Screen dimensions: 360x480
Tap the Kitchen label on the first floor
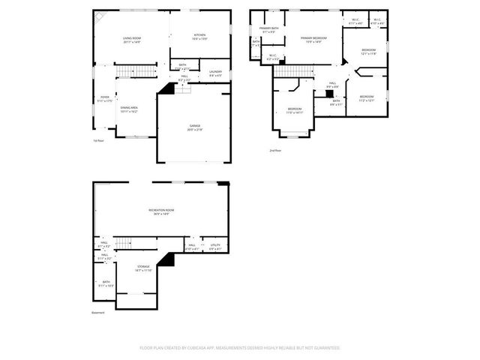pyautogui.click(x=199, y=37)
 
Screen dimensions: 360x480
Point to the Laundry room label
pyautogui.click(x=214, y=73)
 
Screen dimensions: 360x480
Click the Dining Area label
pyautogui.click(x=129, y=108)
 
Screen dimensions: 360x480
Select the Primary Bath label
pyautogui.click(x=268, y=30)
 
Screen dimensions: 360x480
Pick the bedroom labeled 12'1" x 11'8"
pyautogui.click(x=367, y=52)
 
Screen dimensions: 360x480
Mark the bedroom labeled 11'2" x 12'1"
pyautogui.click(x=366, y=98)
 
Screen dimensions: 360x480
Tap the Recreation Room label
pyautogui.click(x=160, y=211)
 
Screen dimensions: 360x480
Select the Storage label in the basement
pyautogui.click(x=143, y=268)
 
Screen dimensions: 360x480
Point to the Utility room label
pyautogui.click(x=214, y=247)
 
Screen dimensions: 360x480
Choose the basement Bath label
pyautogui.click(x=106, y=283)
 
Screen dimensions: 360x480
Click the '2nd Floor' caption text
pyautogui.click(x=275, y=150)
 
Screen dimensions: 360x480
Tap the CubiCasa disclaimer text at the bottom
pyautogui.click(x=240, y=347)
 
